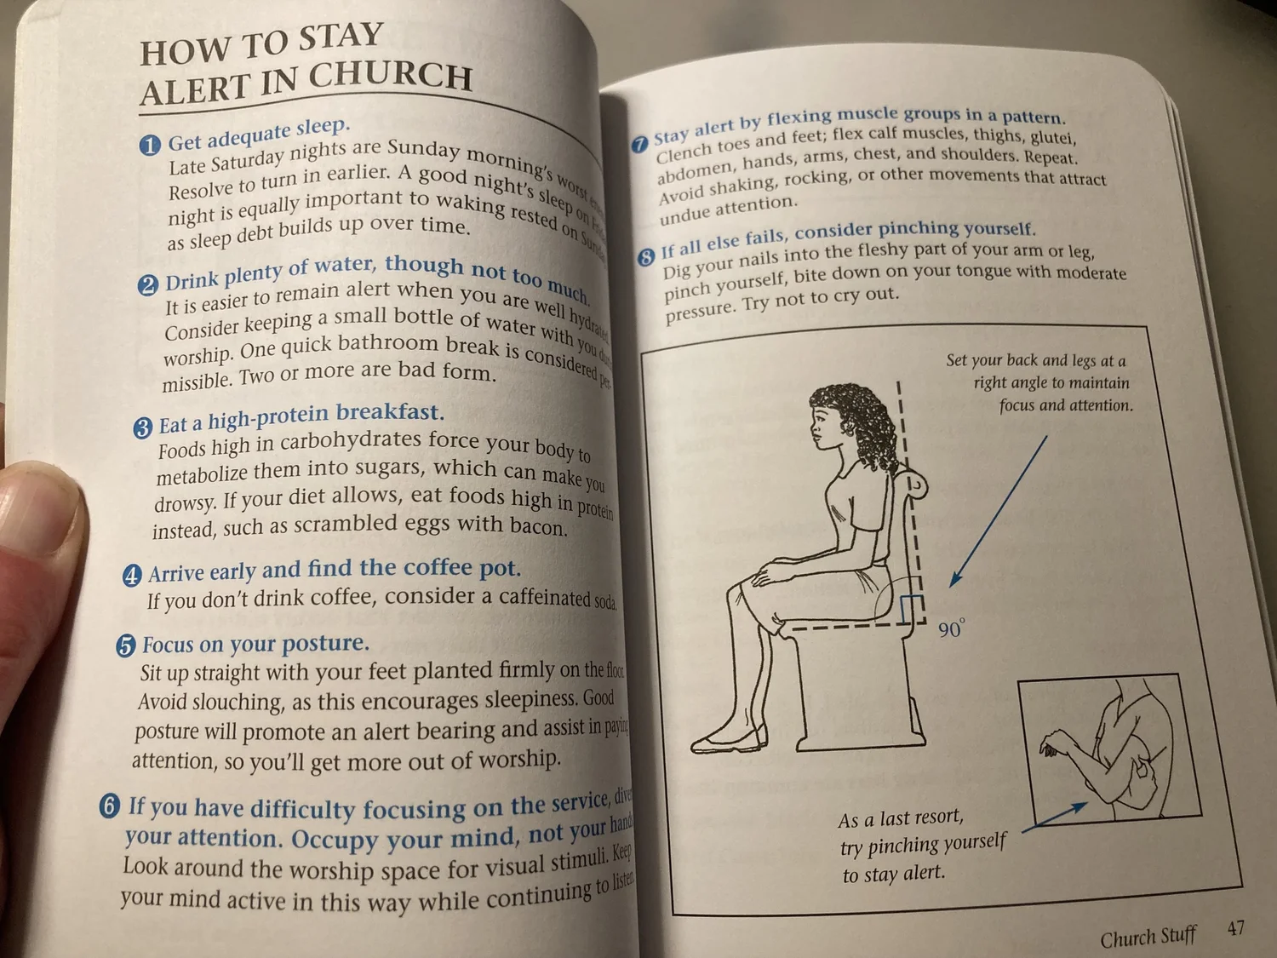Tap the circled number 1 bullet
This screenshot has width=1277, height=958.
[150, 146]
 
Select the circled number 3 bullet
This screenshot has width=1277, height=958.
[143, 427]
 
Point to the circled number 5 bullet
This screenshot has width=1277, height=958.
[126, 646]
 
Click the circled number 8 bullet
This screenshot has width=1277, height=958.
[647, 255]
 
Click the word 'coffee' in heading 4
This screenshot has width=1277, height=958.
[438, 568]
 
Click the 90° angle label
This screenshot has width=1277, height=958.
[952, 629]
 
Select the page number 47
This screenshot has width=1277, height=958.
[1236, 928]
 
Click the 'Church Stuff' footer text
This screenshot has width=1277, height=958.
[1148, 938]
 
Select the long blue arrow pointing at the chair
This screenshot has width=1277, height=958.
[998, 511]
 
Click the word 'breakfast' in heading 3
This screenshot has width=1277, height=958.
[390, 413]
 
